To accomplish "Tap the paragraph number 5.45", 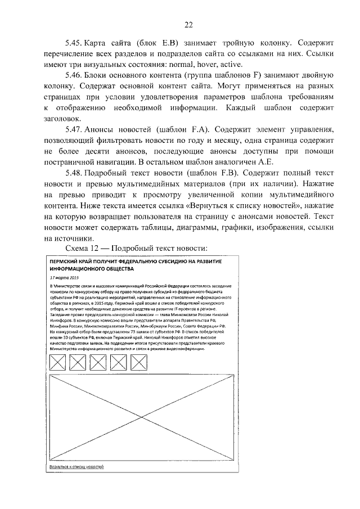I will [x=74, y=43].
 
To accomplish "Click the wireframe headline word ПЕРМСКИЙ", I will [x=66, y=262].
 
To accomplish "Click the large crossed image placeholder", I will [x=141, y=416].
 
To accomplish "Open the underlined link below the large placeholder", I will [x=76, y=467].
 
